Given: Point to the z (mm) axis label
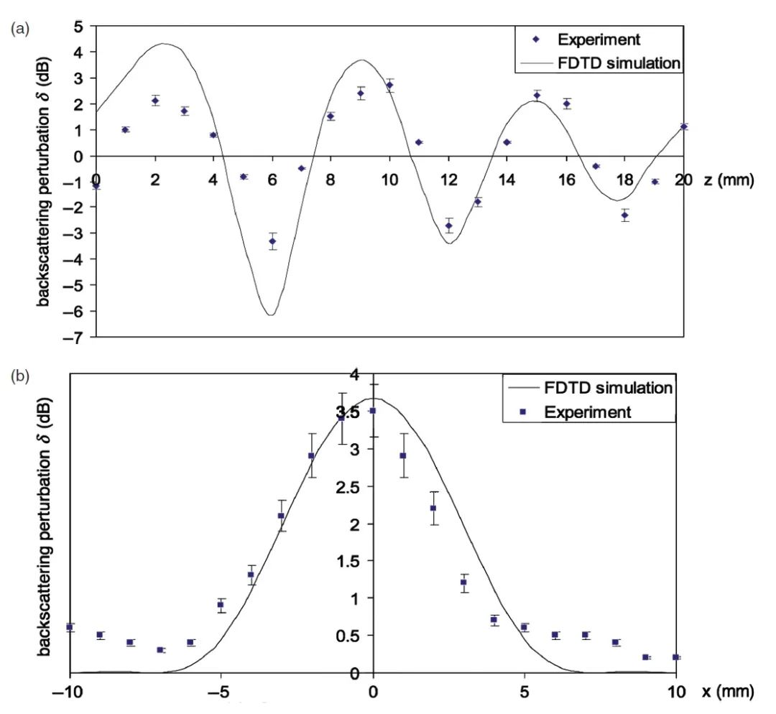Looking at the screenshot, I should [728, 180].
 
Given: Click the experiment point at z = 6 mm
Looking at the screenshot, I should [272, 241].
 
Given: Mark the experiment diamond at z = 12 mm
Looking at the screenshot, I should [448, 226].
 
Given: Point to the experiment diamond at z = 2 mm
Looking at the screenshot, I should [155, 101].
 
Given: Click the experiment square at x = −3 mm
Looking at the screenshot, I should [282, 516].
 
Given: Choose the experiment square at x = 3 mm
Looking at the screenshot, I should [464, 582].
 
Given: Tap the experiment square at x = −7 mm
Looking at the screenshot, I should [160, 650].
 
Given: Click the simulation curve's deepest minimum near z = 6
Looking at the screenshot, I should [270, 315].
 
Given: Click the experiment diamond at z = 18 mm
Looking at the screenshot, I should [625, 215].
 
